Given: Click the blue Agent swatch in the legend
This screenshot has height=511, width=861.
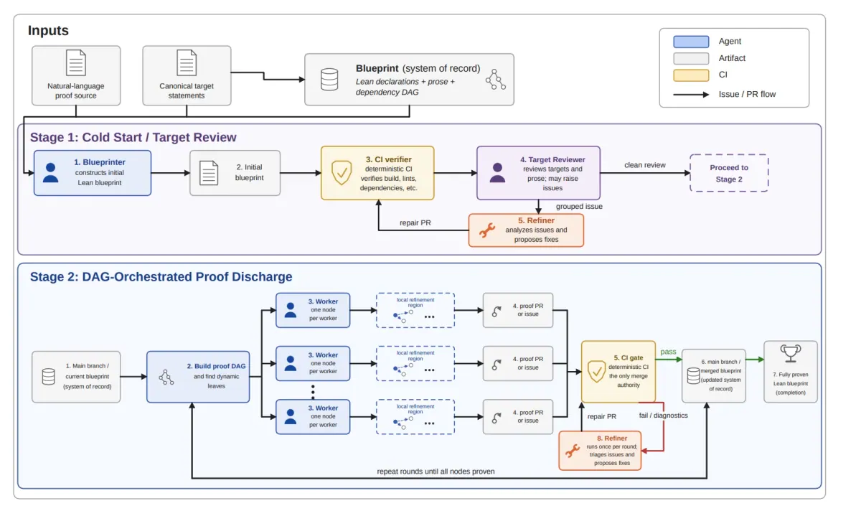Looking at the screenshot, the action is tap(691, 42).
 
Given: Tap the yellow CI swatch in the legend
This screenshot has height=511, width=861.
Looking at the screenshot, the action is tap(691, 75).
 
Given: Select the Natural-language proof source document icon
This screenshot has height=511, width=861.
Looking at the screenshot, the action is tap(76, 62).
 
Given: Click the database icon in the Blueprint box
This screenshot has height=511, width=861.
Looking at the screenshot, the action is tap(329, 80).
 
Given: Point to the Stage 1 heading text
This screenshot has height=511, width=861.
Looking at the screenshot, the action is tap(133, 137).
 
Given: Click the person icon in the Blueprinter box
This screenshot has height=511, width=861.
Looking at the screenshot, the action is tap(51, 173).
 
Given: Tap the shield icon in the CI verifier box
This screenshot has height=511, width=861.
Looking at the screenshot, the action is tap(342, 173).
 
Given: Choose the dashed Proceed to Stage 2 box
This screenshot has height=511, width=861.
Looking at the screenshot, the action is tap(729, 173).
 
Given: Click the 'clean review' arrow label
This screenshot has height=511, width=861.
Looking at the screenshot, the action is tap(644, 165).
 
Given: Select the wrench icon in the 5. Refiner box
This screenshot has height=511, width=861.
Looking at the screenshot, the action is tap(487, 230).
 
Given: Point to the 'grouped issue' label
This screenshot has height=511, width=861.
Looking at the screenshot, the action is tap(579, 207).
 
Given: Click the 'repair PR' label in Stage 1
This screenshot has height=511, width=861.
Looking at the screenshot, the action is tap(415, 223).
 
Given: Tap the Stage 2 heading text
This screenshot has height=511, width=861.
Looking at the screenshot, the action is tap(161, 277).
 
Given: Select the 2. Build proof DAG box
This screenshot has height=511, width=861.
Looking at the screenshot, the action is tap(198, 377).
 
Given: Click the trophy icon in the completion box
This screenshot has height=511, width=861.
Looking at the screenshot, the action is tap(790, 354).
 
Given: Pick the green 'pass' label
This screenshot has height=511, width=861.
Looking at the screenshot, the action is tap(668, 352).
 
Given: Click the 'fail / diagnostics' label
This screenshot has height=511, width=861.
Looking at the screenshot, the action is tap(664, 416).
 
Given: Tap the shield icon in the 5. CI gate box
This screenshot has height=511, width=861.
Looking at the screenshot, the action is tap(596, 372).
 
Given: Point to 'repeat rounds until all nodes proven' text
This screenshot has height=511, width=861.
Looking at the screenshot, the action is tap(436, 472).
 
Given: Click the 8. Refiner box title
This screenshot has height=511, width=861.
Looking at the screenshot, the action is tap(612, 439).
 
